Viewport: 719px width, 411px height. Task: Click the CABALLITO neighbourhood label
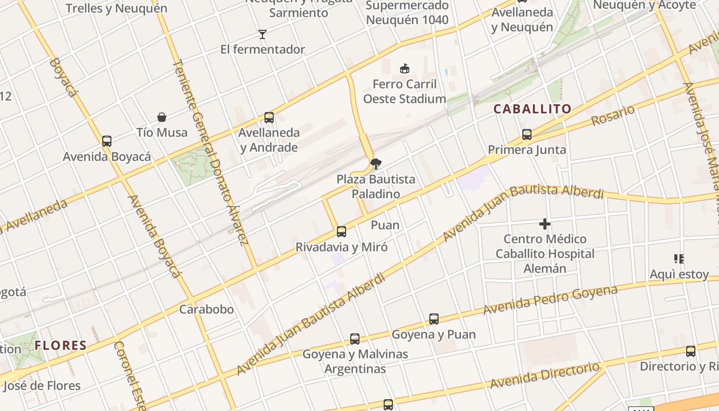pos(533,109)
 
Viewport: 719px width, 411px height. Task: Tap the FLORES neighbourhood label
pos(61,345)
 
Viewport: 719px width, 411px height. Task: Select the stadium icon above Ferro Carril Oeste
pos(405,68)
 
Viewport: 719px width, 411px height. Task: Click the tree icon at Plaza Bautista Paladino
pos(376,164)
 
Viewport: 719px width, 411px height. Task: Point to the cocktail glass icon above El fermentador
pos(262,34)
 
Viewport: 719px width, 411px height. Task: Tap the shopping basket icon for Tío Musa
pos(162,117)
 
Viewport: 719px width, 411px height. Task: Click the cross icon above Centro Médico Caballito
pos(545,224)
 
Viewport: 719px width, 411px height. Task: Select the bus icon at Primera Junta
pos(527,135)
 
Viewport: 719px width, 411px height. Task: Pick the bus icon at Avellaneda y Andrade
pos(269,118)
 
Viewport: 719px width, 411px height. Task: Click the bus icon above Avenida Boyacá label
pos(107,141)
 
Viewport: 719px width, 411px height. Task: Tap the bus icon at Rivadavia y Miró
pos(342,232)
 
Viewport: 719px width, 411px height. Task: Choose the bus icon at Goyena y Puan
pos(434,319)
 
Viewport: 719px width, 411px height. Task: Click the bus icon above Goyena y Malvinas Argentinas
pos(355,339)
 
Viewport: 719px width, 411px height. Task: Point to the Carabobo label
pos(206,309)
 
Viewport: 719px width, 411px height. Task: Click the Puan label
pos(385,225)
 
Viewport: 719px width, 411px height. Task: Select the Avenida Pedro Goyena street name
pos(550,300)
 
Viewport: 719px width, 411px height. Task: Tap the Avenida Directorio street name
pos(544,376)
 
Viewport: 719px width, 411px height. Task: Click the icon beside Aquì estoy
pos(679,259)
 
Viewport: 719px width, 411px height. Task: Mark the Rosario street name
pos(613,116)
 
